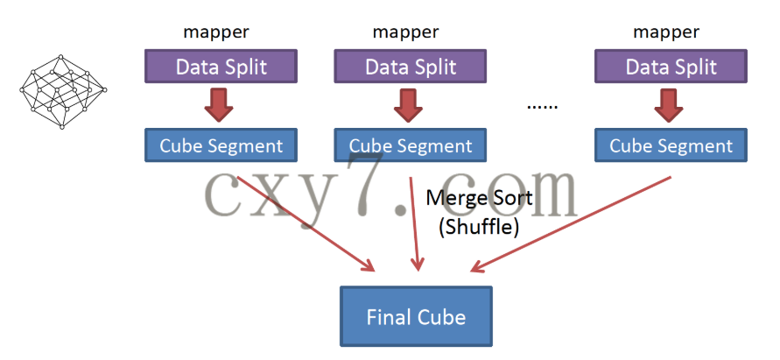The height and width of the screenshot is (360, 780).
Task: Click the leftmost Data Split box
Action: pos(221,67)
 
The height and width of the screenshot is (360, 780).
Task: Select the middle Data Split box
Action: pos(411,67)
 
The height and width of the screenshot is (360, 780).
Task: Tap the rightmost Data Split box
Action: pos(671,67)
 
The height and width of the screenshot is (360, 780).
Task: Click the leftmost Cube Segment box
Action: pos(221,145)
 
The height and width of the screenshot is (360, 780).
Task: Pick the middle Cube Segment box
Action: pos(411,145)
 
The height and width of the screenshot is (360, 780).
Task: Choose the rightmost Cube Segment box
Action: pos(671,145)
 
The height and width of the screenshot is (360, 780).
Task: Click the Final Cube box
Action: pos(416,315)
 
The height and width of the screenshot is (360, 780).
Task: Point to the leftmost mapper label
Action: pos(216,32)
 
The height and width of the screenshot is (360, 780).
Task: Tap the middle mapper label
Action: pos(406,32)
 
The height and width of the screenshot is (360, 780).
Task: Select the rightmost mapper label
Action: pos(666,32)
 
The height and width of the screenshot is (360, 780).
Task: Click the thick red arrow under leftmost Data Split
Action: pos(219,106)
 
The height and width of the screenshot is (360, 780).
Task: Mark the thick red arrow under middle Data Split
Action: pos(408,106)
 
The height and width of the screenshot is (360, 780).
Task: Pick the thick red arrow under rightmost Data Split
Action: pos(668,106)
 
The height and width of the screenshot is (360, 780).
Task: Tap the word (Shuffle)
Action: pos(479,227)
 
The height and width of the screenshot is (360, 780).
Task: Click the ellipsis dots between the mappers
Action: pos(542,106)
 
